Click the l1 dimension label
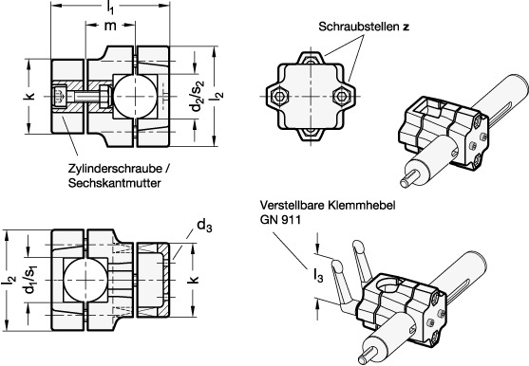(109, 8)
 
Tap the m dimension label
(110, 26)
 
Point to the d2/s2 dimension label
(197, 97)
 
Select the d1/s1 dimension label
(29, 280)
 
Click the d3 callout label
(204, 226)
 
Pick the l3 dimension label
(318, 276)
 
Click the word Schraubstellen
(359, 27)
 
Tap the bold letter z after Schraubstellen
(406, 27)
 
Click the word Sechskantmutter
(114, 183)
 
